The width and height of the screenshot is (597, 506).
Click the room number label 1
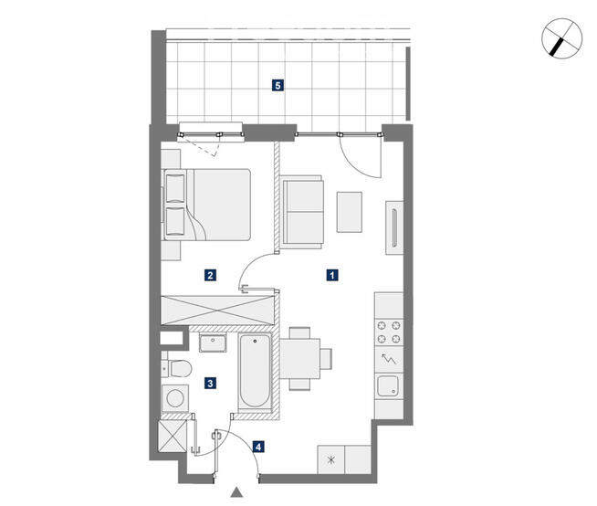[332, 275]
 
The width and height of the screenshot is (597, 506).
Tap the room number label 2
[210, 275]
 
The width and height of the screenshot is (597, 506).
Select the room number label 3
[210, 383]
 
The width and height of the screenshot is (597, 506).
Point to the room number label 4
[258, 447]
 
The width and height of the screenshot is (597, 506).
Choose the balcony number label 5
[278, 85]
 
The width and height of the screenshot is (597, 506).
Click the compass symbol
[562, 38]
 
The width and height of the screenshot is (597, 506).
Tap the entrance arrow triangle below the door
[236, 492]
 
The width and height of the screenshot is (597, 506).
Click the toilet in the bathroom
[176, 368]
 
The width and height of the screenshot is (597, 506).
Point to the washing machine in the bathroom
[174, 398]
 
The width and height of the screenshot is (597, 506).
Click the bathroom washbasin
[213, 343]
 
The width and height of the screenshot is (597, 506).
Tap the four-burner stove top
[389, 332]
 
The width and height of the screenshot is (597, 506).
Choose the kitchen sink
[388, 385]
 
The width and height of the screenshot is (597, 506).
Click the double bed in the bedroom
[207, 205]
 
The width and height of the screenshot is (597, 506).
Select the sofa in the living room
[302, 212]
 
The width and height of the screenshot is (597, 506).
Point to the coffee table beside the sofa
[349, 212]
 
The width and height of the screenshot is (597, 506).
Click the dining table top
[300, 359]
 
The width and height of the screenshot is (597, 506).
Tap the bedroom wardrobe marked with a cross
[217, 310]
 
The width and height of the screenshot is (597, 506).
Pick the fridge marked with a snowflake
[330, 460]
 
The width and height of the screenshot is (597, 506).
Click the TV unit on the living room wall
[394, 227]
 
